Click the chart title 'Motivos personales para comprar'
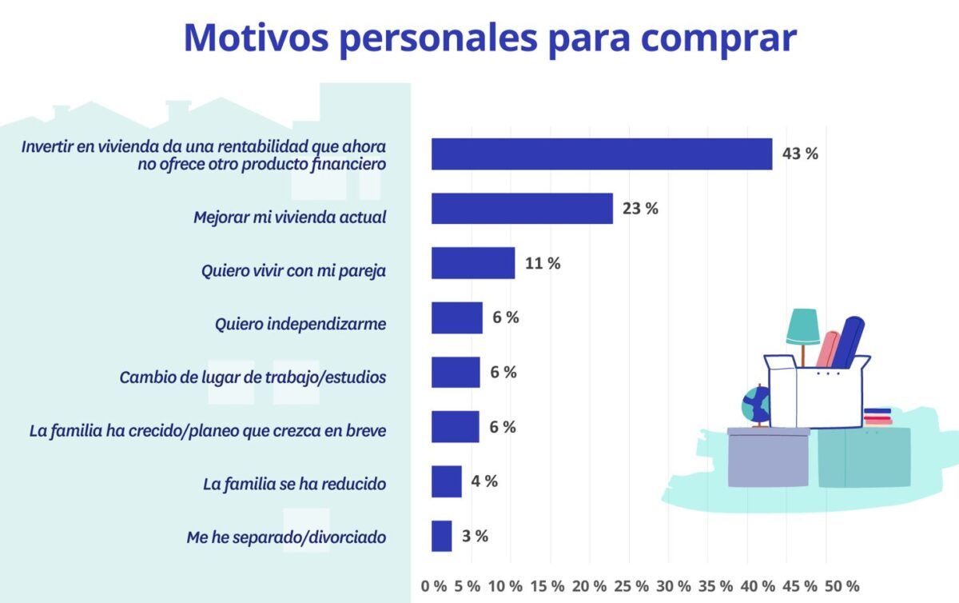click(490, 38)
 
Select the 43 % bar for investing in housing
click(602, 154)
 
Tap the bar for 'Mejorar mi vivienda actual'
click(522, 209)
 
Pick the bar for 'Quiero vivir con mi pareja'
click(473, 263)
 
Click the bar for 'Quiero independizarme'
click(457, 317)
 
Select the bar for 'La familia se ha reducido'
click(447, 481)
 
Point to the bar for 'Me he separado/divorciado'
click(442, 536)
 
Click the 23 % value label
click(640, 209)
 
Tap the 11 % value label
click(543, 263)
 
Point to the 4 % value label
click(484, 481)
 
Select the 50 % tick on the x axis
click(842, 585)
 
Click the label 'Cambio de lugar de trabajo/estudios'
click(253, 376)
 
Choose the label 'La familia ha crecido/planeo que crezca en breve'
click(208, 431)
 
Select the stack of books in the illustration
click(877, 417)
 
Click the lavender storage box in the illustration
click(768, 460)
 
